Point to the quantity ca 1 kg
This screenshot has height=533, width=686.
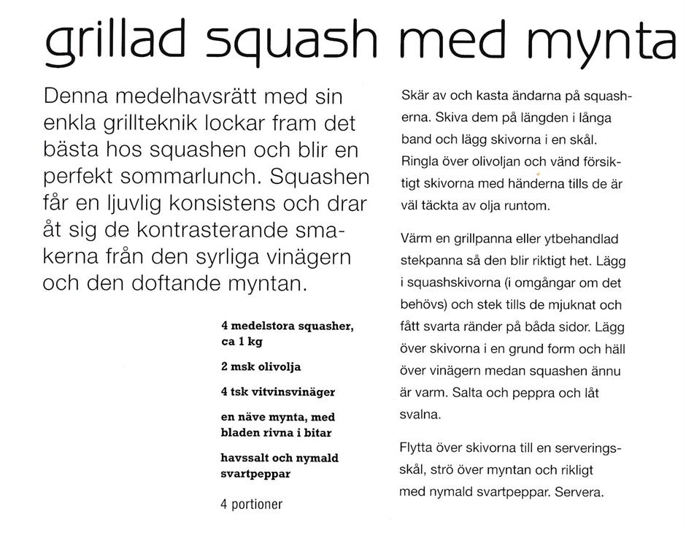pos(242,342)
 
